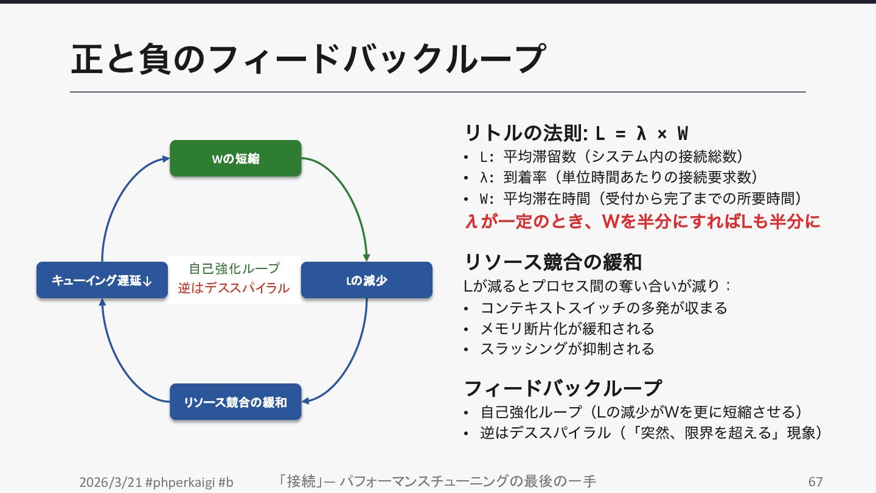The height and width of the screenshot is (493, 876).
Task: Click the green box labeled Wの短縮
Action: coord(235,158)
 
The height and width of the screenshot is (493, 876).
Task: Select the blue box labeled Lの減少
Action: coord(366,280)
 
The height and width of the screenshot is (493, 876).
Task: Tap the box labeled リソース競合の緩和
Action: coord(235,402)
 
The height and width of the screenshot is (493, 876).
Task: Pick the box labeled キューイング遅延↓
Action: coord(102,280)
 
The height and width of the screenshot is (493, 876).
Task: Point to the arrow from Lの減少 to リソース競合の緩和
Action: coord(353,365)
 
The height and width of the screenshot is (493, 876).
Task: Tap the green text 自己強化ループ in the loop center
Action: coord(234,268)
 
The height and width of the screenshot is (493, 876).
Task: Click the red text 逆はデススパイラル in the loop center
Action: coord(234,288)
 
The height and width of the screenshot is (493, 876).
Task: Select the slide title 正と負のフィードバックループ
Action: coord(307,60)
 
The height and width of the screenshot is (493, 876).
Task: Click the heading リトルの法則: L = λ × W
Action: coord(576,133)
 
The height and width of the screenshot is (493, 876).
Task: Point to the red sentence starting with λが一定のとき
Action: coord(642,222)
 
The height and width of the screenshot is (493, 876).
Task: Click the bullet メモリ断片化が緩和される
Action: coord(567,329)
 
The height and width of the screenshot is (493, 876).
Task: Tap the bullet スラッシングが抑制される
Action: coord(567,349)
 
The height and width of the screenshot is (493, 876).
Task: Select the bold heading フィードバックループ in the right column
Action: coord(563,388)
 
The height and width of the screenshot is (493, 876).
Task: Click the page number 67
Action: coord(815,482)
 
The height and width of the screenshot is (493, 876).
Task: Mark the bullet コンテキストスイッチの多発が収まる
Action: coord(603,308)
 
